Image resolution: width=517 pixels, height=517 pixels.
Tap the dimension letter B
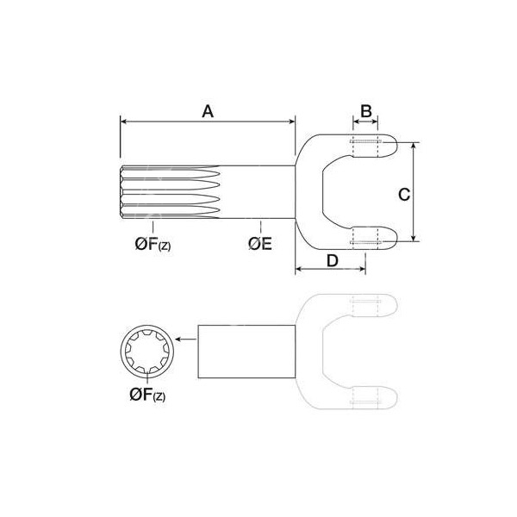pyautogui.click(x=365, y=111)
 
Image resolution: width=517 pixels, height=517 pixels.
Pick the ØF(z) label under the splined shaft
pyautogui.click(x=152, y=245)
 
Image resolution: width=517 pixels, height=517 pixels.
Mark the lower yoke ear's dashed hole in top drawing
pyautogui.click(x=365, y=235)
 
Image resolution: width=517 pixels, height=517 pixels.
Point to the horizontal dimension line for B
pyautogui.click(x=365, y=123)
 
